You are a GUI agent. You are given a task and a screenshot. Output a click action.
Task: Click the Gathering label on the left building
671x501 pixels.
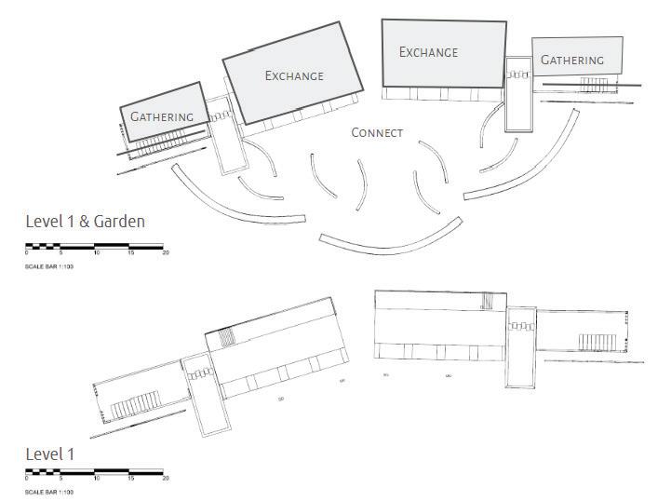pos(162,117)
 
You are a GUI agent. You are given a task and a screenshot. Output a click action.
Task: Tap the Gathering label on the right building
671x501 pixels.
pos(572,61)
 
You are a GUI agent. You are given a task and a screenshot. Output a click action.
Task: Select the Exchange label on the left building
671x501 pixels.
pos(294,75)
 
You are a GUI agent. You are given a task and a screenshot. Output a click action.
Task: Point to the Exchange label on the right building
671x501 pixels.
pos(428,52)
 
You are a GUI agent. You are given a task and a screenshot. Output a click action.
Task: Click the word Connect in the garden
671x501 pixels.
pos(377,133)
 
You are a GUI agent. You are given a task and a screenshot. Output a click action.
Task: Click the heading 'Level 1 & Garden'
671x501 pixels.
pos(85,222)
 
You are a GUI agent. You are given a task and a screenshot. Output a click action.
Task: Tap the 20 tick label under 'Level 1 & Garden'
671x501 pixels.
pos(166,253)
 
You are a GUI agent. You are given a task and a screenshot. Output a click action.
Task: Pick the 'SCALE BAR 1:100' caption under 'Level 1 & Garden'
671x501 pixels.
pos(49,266)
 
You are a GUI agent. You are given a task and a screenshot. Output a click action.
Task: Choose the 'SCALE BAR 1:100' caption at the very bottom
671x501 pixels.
pos(49,492)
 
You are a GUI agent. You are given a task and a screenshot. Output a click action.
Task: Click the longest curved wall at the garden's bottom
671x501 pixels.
pos(390,240)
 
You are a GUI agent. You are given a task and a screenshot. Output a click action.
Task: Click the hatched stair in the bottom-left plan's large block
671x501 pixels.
pos(227,337)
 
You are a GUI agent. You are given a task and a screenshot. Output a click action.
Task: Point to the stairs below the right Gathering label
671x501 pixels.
pos(593,84)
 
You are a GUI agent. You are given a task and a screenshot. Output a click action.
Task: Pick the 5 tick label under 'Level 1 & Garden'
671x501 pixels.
pos(61,253)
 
